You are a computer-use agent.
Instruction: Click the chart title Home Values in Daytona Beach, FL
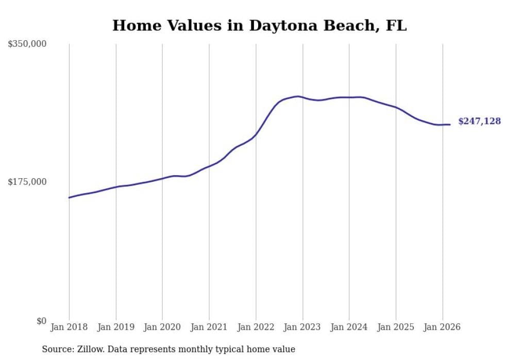[259, 25]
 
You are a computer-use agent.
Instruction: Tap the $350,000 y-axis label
[27, 44]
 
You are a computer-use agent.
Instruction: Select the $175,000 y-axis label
[27, 182]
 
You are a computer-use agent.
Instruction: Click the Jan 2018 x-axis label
[69, 327]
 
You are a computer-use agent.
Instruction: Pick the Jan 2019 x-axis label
[116, 327]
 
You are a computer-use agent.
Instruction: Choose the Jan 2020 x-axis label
[162, 327]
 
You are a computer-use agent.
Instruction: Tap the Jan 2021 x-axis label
[209, 327]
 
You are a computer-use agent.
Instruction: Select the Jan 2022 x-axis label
[256, 327]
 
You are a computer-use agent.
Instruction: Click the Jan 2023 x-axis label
[302, 327]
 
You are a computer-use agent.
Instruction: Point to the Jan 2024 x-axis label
[349, 327]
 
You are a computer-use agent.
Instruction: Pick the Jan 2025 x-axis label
[396, 327]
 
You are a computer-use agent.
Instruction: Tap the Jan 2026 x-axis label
[443, 327]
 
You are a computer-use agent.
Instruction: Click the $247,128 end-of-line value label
[479, 122]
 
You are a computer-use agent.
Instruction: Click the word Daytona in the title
[280, 25]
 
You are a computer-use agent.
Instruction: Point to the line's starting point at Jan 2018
[69, 197]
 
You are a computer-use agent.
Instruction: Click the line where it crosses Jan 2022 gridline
[256, 134]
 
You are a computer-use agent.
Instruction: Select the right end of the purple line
[450, 124]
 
